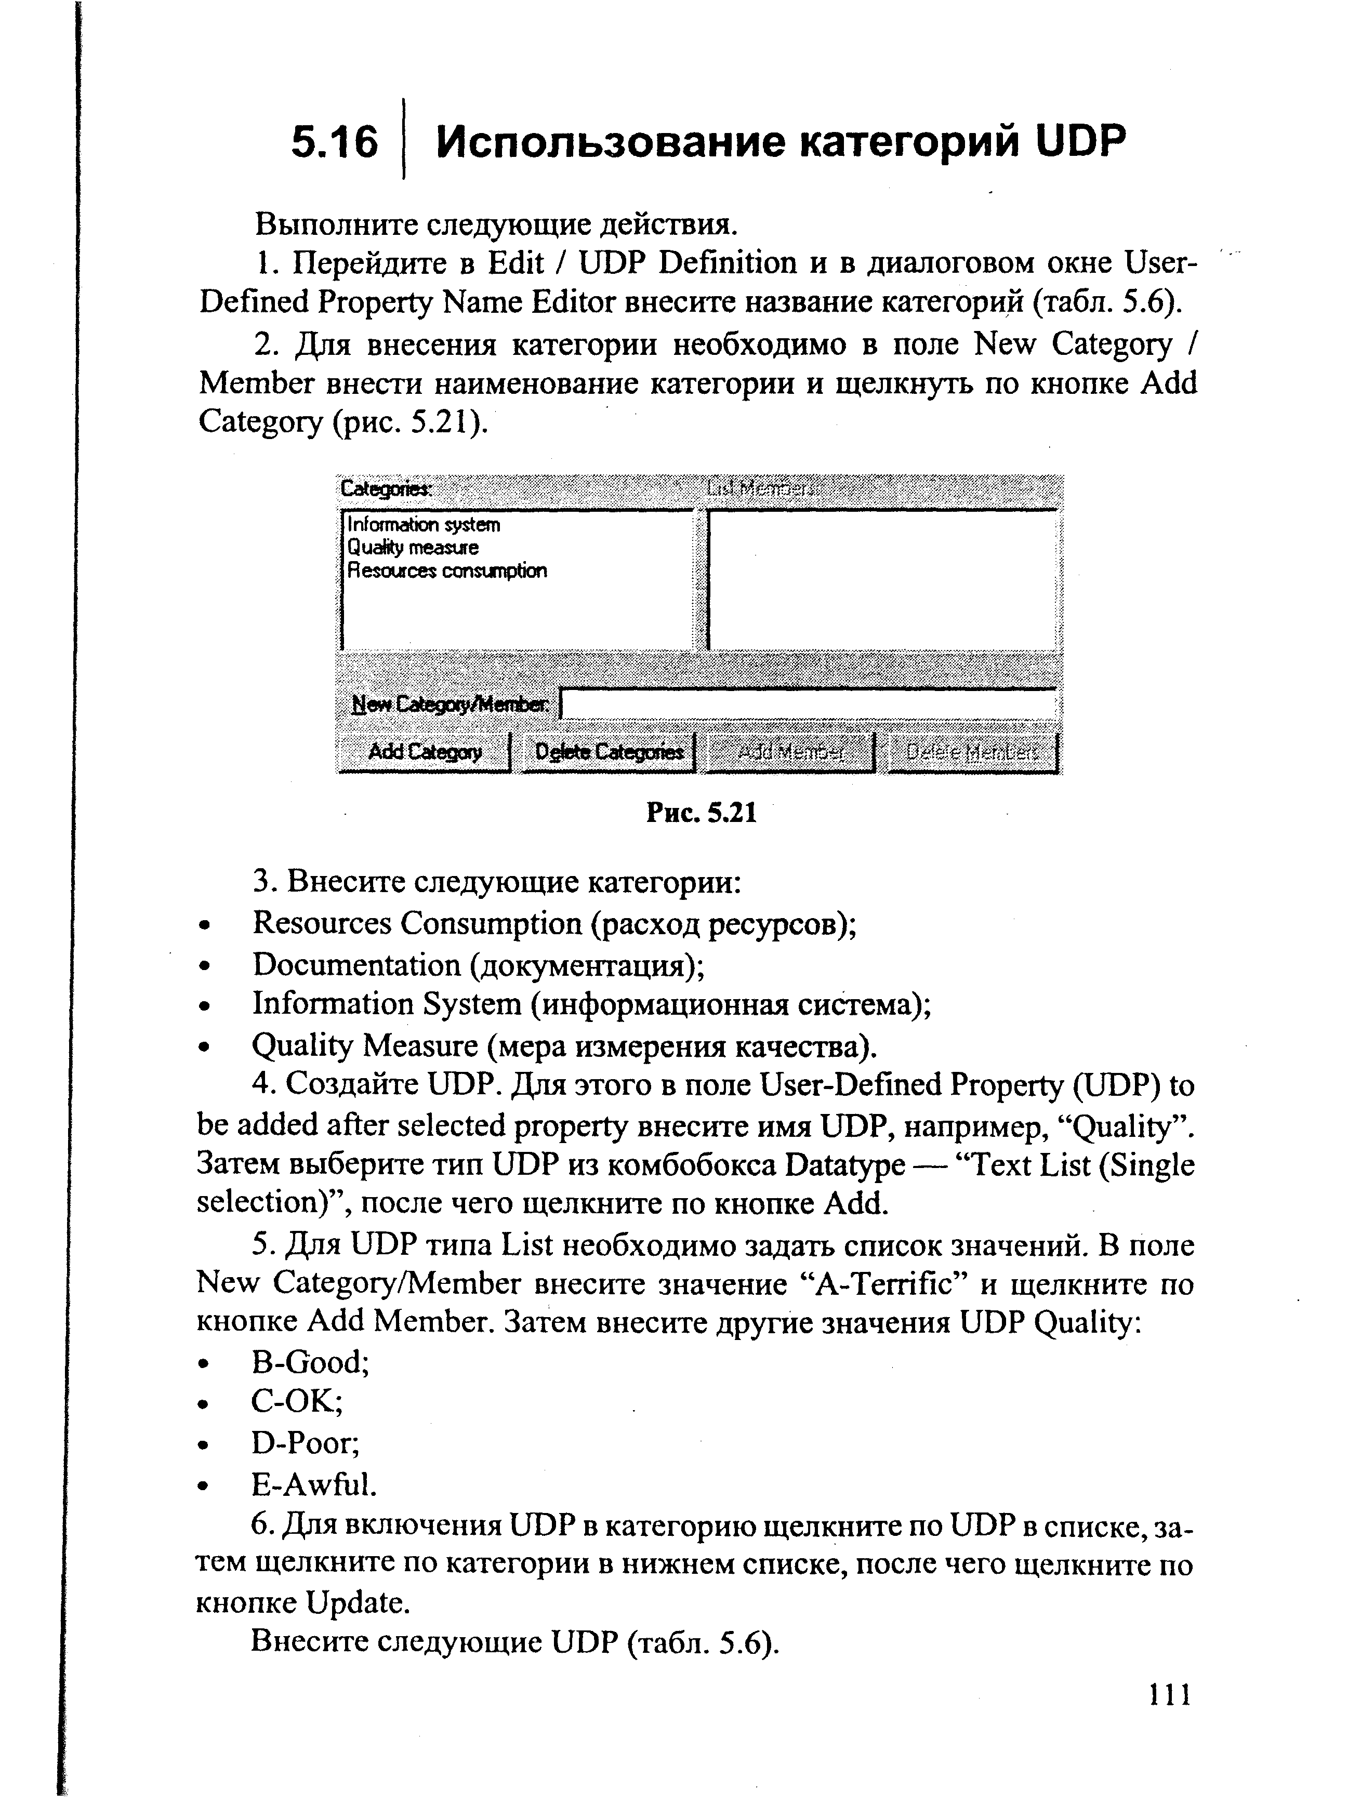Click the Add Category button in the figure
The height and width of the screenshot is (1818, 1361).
point(424,752)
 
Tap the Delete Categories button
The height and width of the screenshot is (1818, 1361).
point(608,752)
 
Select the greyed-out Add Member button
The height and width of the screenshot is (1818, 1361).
point(790,752)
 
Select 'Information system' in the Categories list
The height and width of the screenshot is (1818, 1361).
point(423,524)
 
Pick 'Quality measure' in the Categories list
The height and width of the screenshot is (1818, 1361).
point(413,547)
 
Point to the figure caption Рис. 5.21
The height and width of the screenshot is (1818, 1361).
point(701,813)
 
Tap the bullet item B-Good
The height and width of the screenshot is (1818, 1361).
point(310,1362)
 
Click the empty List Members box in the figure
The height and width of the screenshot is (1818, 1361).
point(882,579)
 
